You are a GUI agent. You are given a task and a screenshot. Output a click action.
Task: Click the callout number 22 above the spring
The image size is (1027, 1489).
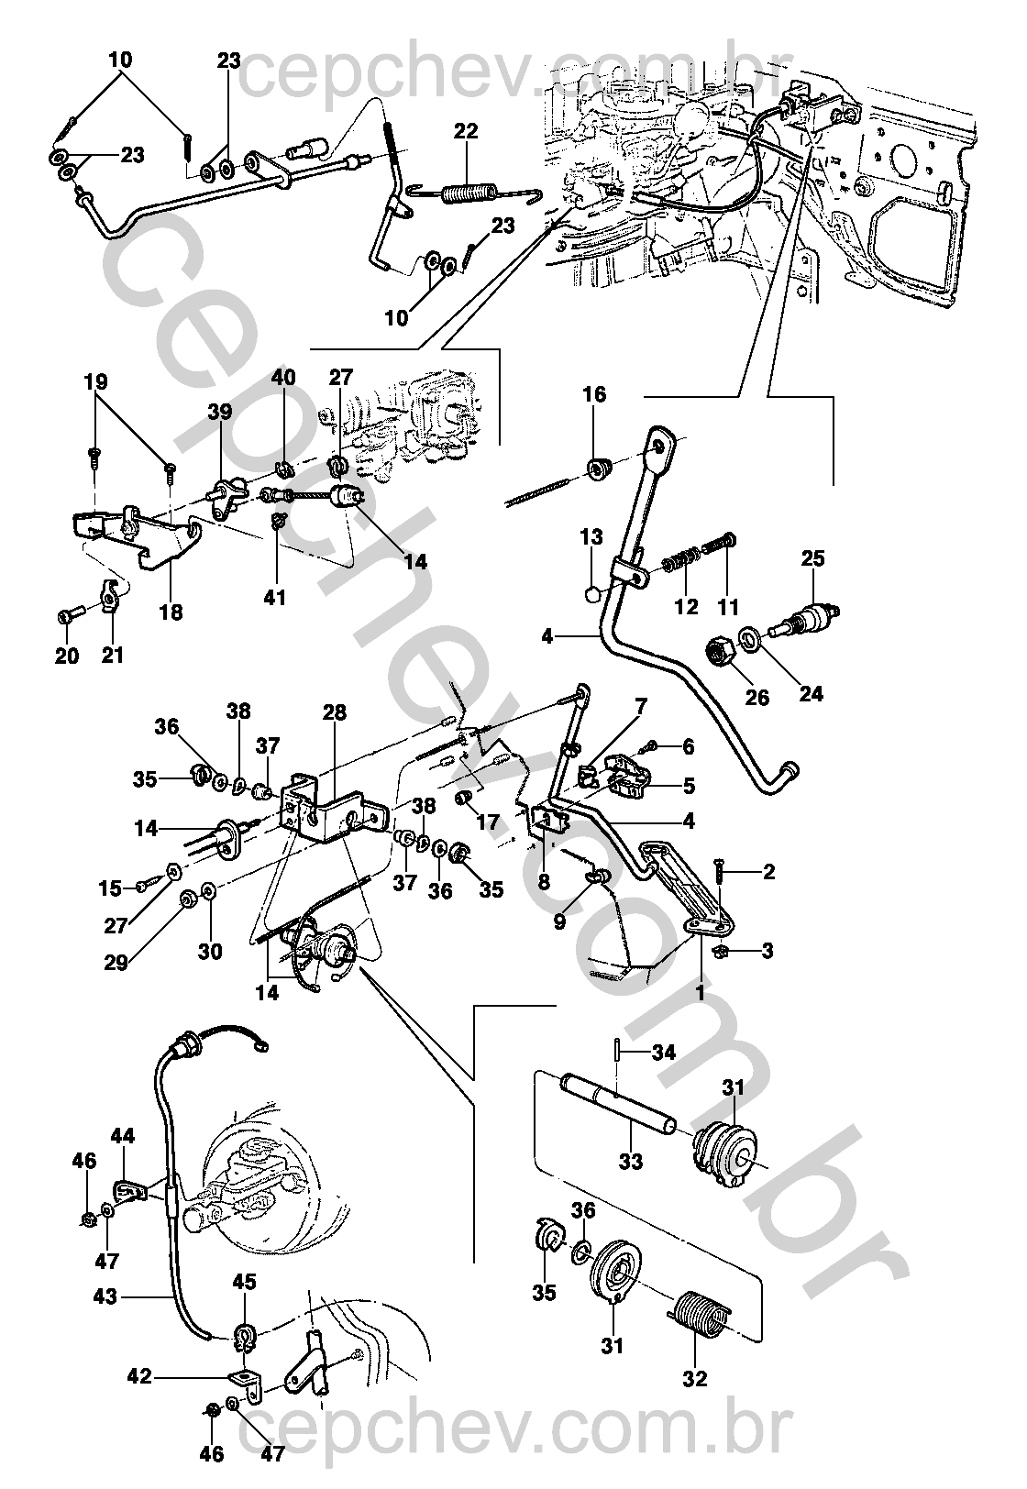tap(466, 131)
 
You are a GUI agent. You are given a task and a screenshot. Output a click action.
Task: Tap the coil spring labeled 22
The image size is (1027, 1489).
tap(469, 194)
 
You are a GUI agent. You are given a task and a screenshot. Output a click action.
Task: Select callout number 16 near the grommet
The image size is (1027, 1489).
tap(594, 395)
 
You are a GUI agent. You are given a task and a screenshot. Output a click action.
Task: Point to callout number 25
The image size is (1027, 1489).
tap(813, 558)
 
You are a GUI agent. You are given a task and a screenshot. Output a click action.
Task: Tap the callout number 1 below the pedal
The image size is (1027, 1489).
tap(701, 992)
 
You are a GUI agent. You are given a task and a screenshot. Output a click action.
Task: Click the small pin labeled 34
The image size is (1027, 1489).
tap(619, 1052)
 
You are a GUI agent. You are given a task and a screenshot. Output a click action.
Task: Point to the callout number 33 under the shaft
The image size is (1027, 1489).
tap(631, 1162)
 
